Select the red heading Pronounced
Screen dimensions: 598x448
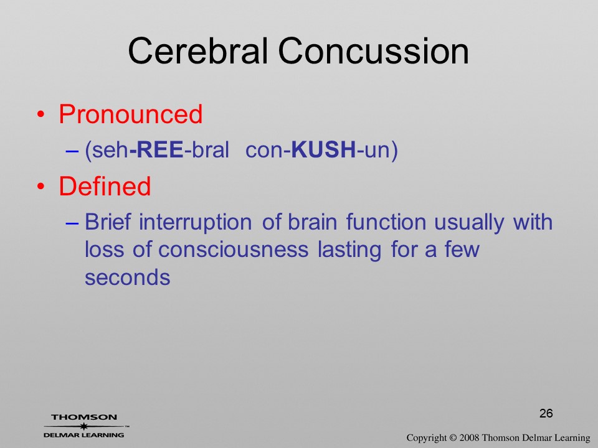(130, 114)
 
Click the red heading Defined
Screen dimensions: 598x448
(105, 186)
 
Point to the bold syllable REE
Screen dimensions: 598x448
(160, 149)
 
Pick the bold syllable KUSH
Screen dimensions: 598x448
(323, 149)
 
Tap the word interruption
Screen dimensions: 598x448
(195, 223)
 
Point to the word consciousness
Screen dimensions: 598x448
(234, 250)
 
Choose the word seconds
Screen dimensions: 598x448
(127, 278)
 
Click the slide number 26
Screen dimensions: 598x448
(546, 413)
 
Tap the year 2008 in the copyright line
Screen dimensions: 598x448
(469, 437)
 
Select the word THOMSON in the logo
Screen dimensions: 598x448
(84, 417)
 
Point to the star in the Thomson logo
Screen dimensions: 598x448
(83, 426)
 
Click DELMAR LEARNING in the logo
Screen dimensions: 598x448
(84, 435)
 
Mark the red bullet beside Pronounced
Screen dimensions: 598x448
(40, 114)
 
